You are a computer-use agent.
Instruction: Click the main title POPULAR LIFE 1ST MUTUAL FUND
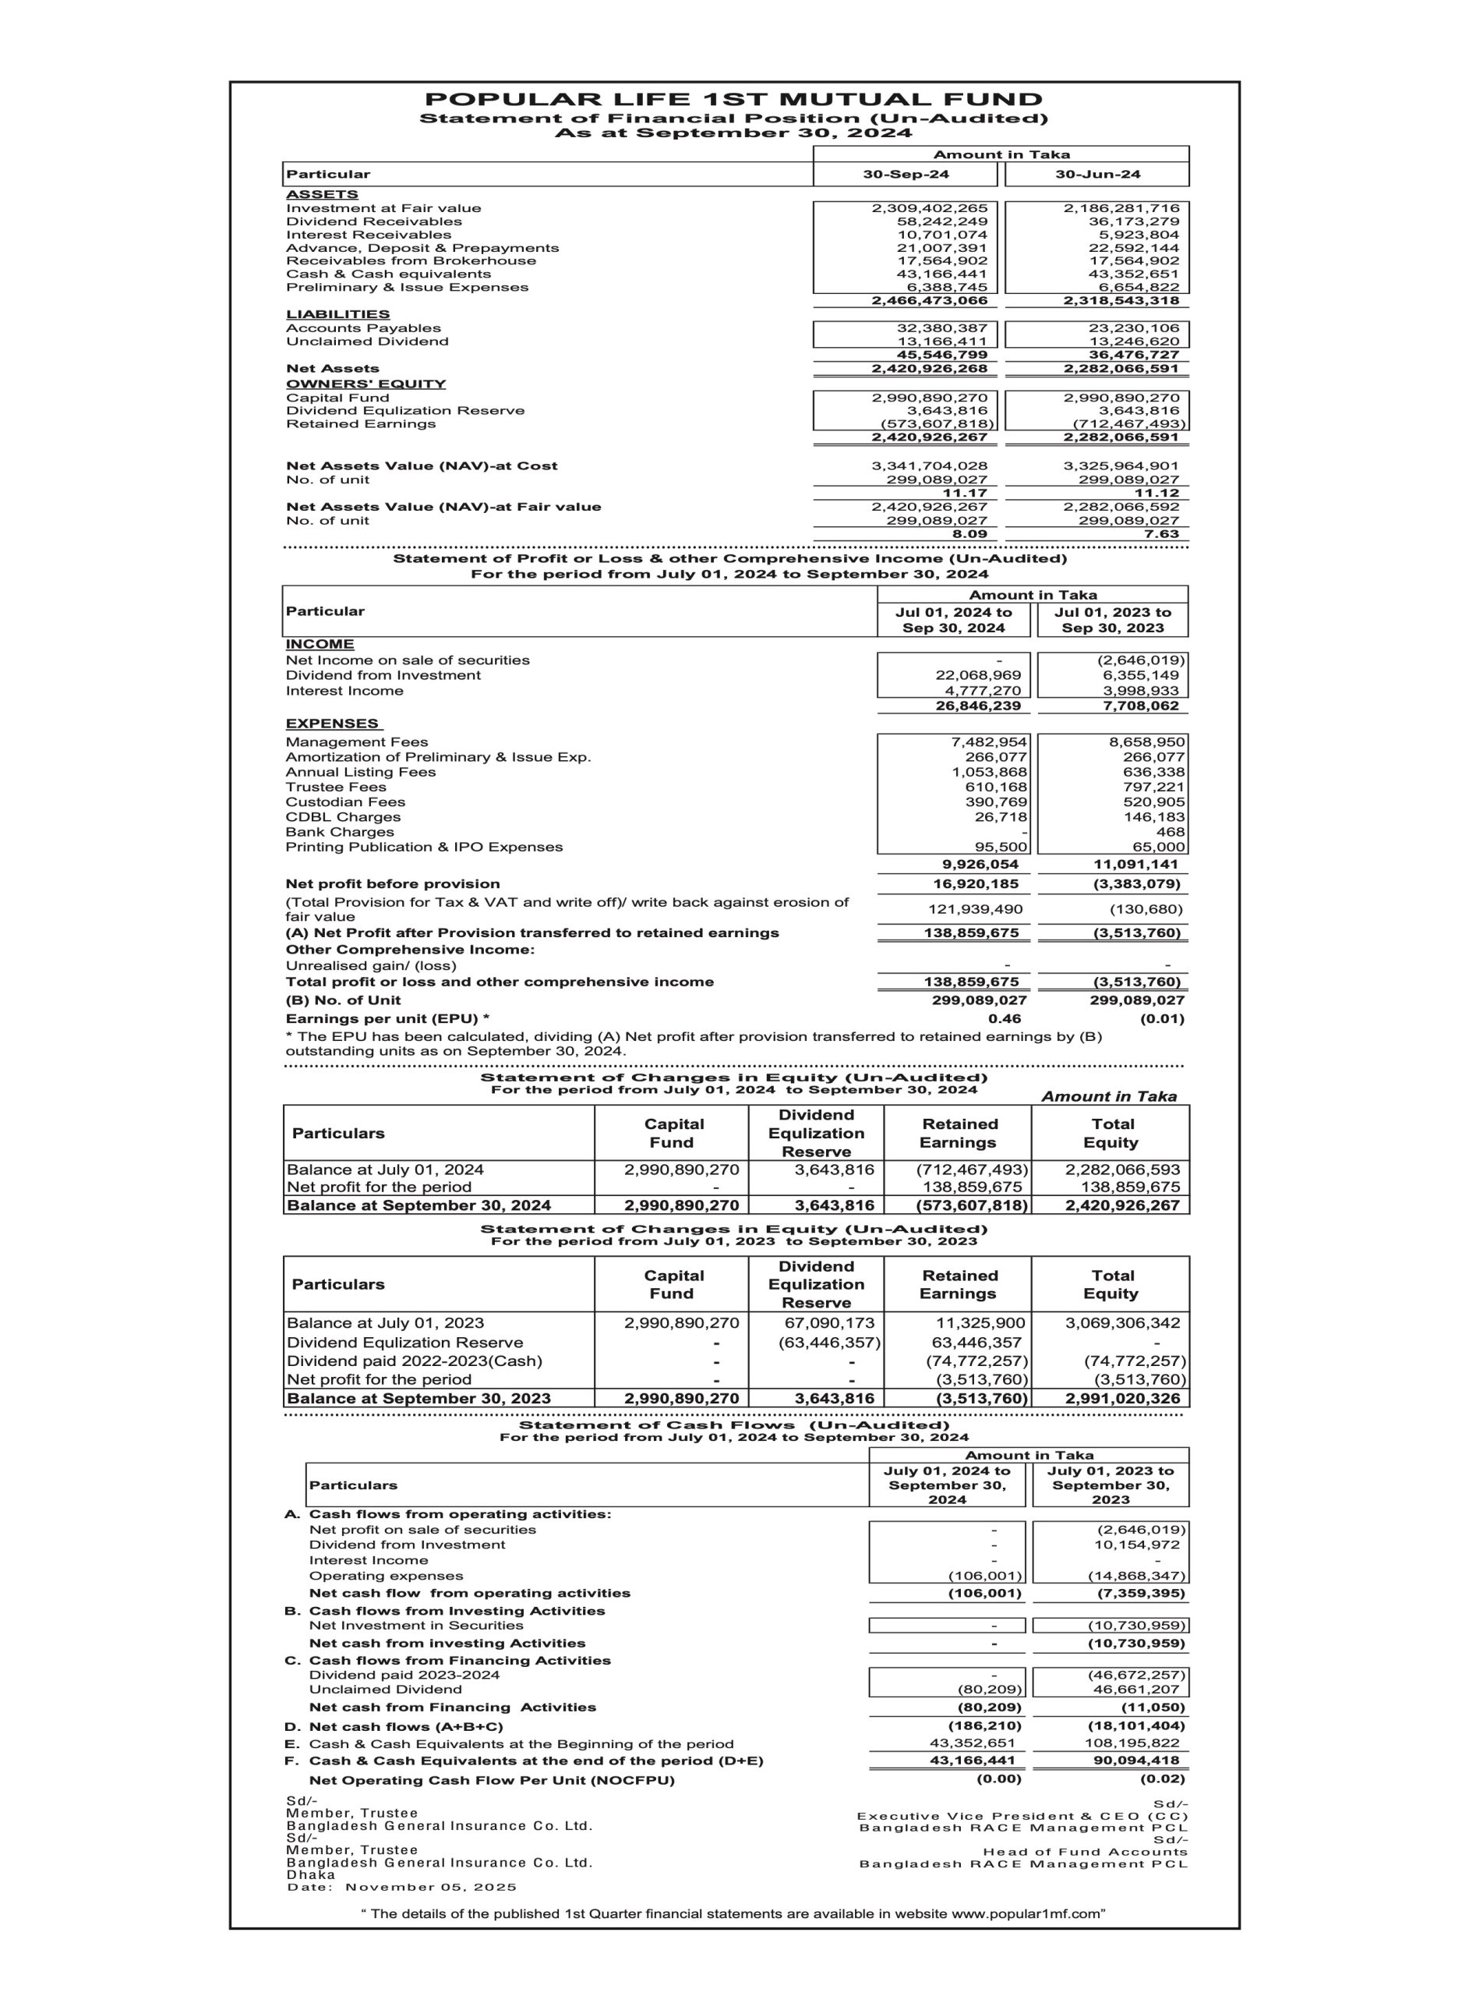point(733,100)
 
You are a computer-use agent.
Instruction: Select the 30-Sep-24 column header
point(906,175)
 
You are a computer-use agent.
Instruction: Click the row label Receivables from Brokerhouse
point(411,260)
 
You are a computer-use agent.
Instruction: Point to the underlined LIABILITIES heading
point(338,314)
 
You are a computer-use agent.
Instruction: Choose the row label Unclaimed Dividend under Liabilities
point(367,342)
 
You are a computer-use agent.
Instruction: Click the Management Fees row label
point(357,741)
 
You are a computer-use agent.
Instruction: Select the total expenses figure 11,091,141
point(1135,864)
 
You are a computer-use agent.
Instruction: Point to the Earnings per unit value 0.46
point(1004,1018)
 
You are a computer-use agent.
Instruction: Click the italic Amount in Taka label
point(1109,1097)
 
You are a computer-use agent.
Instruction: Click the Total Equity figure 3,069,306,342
point(1122,1322)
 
